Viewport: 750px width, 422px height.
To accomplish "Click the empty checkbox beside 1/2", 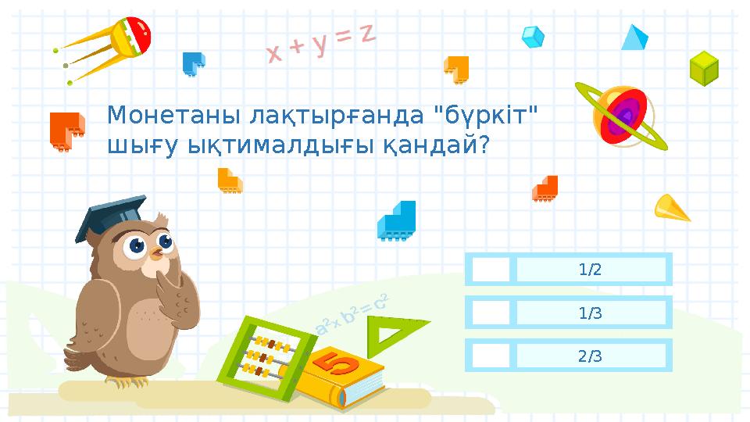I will (x=490, y=270).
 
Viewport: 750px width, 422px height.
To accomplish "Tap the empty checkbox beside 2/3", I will (x=490, y=356).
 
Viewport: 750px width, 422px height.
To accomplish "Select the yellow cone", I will (x=670, y=208).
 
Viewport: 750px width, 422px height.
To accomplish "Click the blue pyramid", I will (x=634, y=38).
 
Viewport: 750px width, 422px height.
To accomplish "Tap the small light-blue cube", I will (x=533, y=36).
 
